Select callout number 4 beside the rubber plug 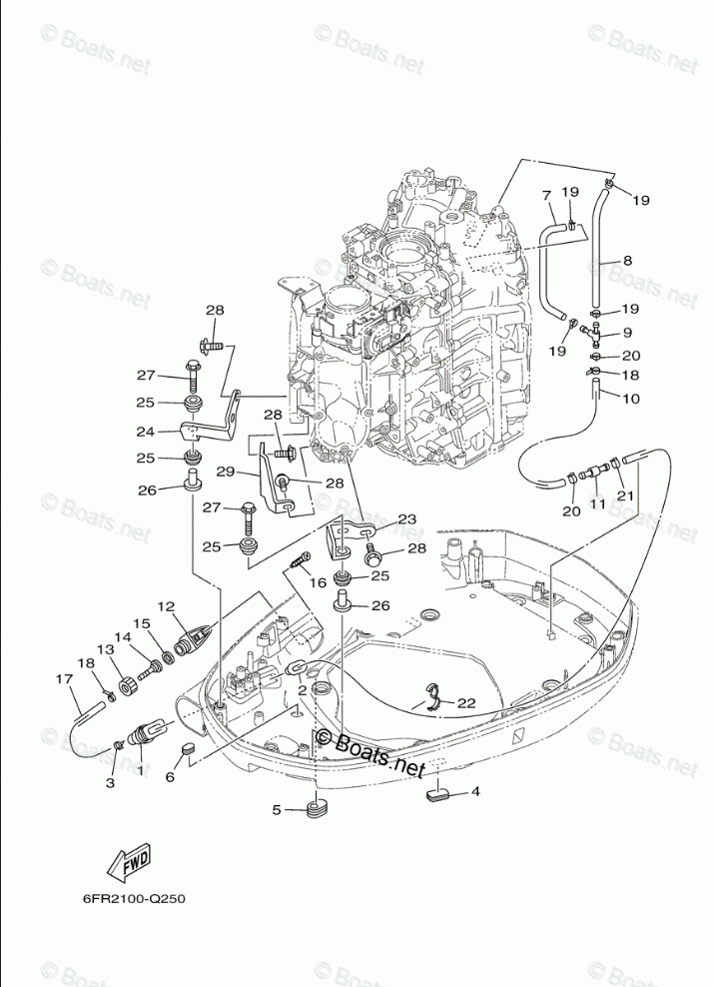475,791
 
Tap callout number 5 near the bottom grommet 277,809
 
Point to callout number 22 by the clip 465,702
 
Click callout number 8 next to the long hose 627,261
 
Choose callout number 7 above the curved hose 546,195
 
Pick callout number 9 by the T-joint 627,333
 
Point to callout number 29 225,471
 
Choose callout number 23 406,519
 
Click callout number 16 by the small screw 318,582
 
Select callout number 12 166,605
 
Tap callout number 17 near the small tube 65,680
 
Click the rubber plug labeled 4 440,795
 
